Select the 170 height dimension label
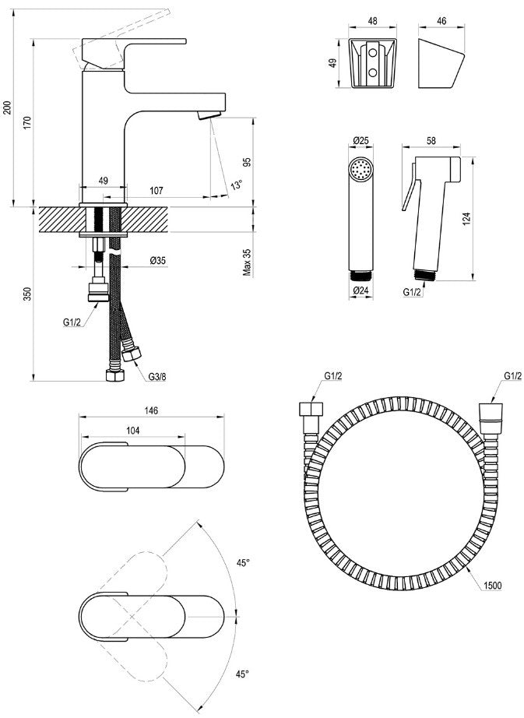(27, 123)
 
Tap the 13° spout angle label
(237, 185)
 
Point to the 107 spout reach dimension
(156, 191)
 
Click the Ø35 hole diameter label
(158, 261)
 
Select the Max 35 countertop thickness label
(248, 262)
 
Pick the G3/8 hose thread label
(157, 377)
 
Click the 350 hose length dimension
(27, 294)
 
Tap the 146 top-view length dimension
(152, 410)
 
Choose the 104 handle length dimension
(132, 431)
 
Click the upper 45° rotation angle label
(243, 563)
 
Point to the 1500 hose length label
(492, 585)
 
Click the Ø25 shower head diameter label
(361, 141)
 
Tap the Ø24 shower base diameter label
(361, 290)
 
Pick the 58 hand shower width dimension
(431, 141)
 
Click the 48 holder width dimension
(372, 21)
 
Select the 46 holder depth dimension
(441, 21)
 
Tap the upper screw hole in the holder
(372, 53)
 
